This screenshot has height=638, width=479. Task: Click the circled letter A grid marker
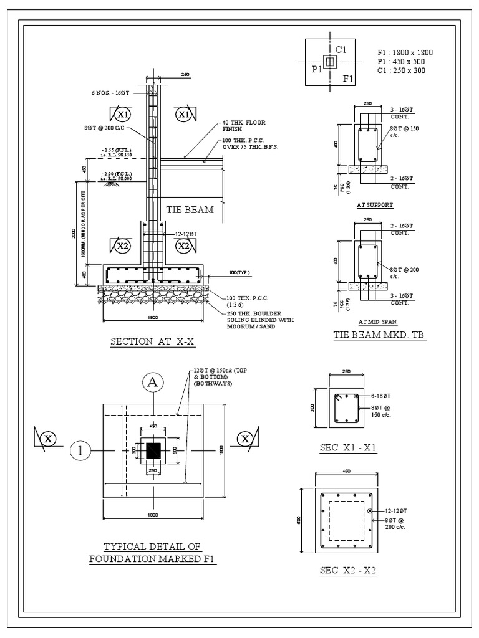pos(152,383)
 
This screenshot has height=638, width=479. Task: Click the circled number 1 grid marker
pos(81,450)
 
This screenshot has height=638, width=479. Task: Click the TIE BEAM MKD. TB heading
pos(375,335)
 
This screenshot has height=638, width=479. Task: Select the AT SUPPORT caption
pos(375,204)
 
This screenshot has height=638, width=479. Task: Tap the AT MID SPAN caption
pos(375,321)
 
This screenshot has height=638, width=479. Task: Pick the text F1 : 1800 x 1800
pos(405,53)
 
